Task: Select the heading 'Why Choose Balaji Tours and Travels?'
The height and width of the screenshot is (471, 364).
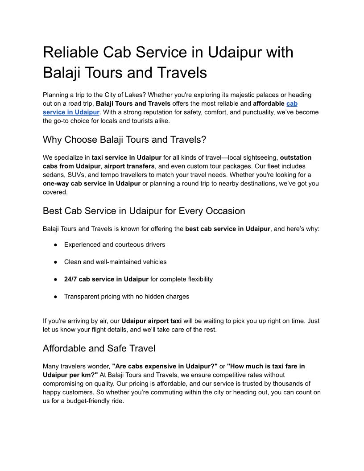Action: pyautogui.click(x=124, y=140)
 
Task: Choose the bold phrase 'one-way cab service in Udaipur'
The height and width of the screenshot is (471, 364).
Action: pyautogui.click(x=91, y=183)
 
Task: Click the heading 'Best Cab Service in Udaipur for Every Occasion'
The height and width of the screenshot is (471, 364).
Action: pyautogui.click(x=144, y=211)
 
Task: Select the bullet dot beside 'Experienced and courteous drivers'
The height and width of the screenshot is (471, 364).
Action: pyautogui.click(x=56, y=245)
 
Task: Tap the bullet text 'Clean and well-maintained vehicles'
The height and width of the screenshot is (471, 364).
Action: pyautogui.click(x=115, y=262)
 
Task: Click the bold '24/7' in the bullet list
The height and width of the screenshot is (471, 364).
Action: pyautogui.click(x=70, y=279)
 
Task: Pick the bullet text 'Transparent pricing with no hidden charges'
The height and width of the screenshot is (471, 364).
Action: pyautogui.click(x=127, y=297)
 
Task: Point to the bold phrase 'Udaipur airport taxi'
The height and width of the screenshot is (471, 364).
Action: pyautogui.click(x=152, y=321)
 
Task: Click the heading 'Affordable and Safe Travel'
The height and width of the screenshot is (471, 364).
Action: pyautogui.click(x=99, y=348)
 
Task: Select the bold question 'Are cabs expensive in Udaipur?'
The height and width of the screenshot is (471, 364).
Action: pyautogui.click(x=165, y=366)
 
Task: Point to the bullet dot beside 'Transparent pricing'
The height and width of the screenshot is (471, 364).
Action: pyautogui.click(x=56, y=297)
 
